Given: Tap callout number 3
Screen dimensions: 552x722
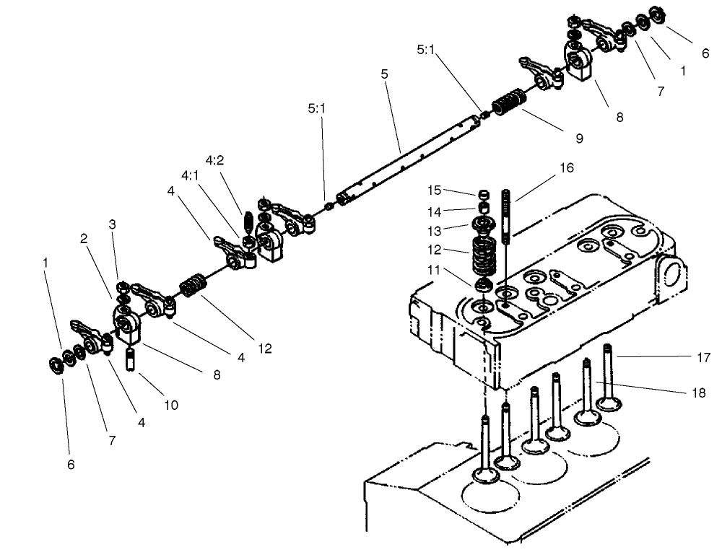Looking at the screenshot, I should (x=112, y=224).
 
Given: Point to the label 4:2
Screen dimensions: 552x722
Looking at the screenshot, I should (x=214, y=160).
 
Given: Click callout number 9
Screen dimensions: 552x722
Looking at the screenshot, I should (x=579, y=138).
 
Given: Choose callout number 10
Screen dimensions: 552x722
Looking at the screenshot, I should (x=170, y=405).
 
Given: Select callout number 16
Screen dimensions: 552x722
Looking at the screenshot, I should (x=566, y=167).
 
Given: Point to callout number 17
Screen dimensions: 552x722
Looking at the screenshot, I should (x=705, y=356).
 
